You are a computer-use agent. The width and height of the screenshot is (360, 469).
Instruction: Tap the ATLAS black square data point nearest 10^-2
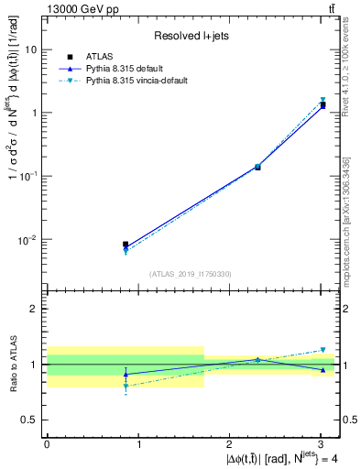[x=125, y=245]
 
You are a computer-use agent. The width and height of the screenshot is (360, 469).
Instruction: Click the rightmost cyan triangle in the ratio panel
[x=322, y=350]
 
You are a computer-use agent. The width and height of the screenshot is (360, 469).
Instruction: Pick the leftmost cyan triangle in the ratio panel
[x=125, y=387]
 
